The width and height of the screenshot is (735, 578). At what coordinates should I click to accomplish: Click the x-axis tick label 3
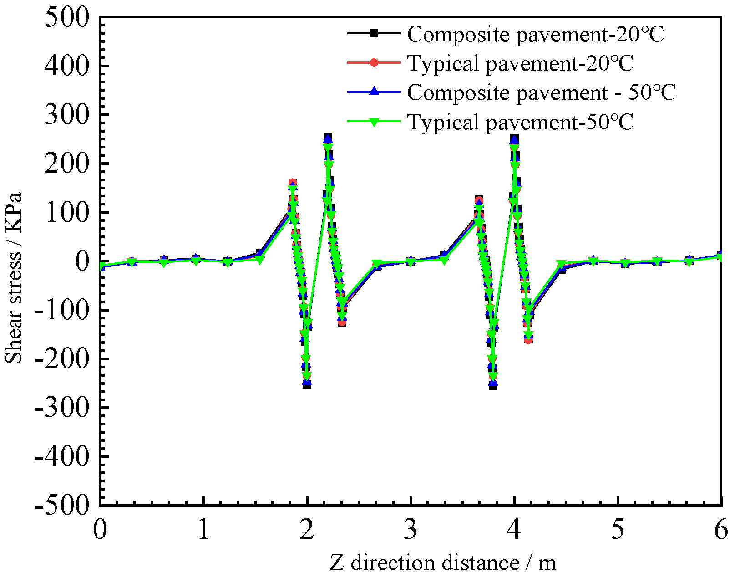pos(411,530)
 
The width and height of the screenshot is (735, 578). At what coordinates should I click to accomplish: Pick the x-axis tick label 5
pos(618,530)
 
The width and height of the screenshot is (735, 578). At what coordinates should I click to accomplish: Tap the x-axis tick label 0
pos(100,530)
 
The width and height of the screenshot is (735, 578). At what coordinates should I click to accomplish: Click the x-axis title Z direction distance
pos(442,563)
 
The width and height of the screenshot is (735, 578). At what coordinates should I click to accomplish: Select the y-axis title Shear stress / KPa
pos(14,278)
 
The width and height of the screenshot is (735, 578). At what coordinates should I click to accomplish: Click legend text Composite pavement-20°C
pos(535,34)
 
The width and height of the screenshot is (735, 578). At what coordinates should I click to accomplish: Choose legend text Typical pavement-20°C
pos(520,63)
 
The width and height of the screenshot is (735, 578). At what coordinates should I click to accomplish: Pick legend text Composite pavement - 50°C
pos(541,92)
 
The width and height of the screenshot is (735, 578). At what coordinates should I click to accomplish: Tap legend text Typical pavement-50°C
pos(520,122)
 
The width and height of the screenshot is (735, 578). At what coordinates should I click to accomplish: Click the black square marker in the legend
pos(374,33)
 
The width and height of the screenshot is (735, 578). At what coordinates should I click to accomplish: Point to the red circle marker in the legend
pos(374,62)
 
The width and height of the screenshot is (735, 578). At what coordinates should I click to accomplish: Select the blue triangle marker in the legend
pos(374,92)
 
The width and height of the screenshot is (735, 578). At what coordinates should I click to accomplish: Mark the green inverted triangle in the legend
pos(374,122)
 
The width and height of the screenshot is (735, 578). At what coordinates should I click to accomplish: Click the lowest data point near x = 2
pos(307,384)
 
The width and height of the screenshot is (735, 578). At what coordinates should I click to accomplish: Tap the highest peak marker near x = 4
pos(514,138)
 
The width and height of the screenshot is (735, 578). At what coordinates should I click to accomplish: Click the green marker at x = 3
pos(411,261)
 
